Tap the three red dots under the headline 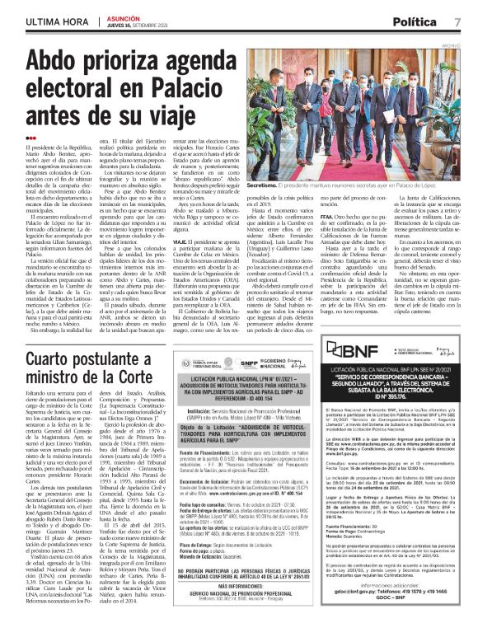(31, 138)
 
